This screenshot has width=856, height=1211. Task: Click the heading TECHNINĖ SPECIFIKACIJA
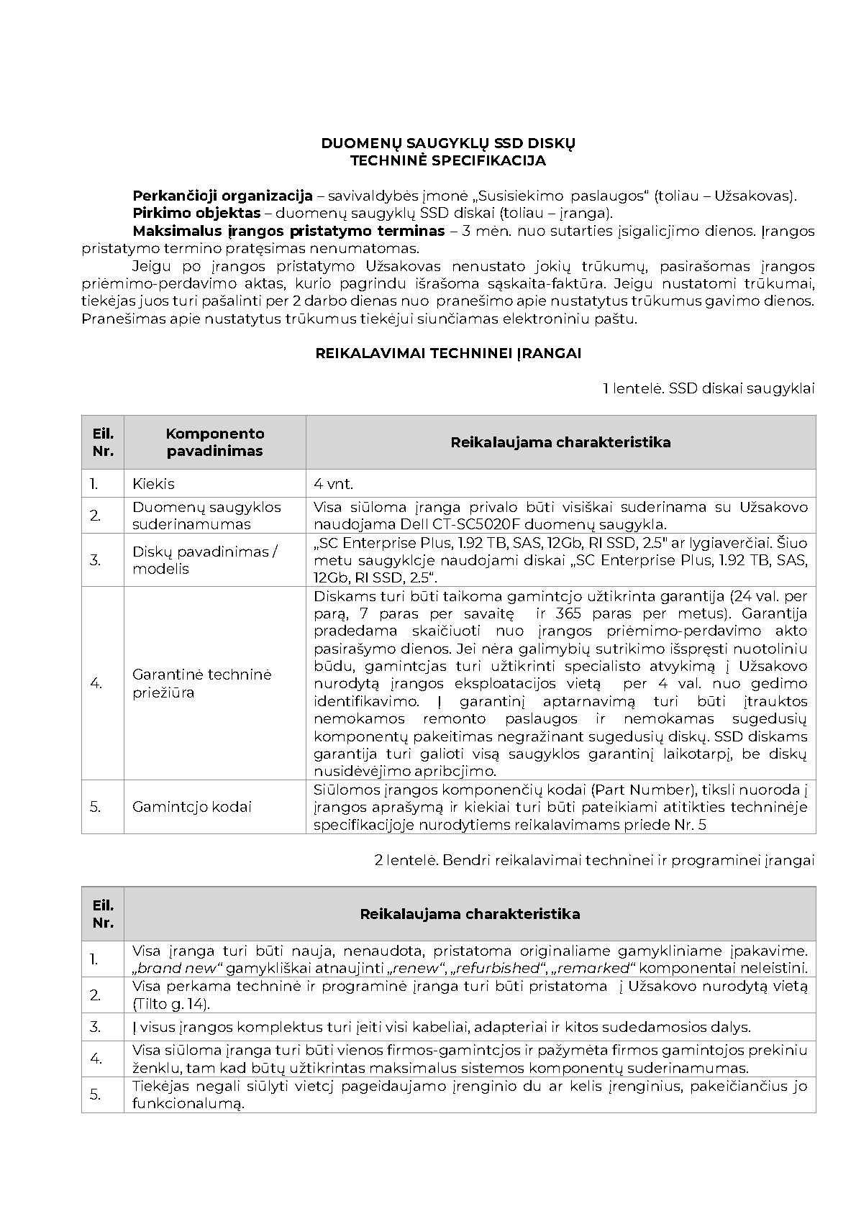(x=447, y=160)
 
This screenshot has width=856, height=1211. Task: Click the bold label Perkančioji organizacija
(x=222, y=196)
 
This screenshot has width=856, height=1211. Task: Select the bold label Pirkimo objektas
(x=196, y=213)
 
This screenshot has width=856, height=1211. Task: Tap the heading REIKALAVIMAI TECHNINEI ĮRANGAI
(x=448, y=353)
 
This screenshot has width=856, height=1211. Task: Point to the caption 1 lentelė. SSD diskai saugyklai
(x=708, y=388)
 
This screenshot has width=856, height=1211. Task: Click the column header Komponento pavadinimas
(x=214, y=442)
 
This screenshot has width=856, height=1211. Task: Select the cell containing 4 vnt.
(x=333, y=484)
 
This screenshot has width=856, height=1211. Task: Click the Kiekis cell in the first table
(x=153, y=484)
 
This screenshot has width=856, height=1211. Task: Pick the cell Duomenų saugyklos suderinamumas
(x=206, y=515)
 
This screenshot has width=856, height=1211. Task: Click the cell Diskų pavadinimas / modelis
(x=204, y=559)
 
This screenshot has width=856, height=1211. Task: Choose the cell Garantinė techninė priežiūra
(x=201, y=683)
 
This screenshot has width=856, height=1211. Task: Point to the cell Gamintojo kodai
(x=191, y=807)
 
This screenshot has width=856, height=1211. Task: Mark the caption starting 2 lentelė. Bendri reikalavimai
(x=594, y=860)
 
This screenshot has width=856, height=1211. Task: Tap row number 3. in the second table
(x=95, y=1027)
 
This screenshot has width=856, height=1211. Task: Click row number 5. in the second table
(x=95, y=1095)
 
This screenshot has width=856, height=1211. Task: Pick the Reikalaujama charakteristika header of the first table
(x=560, y=442)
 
